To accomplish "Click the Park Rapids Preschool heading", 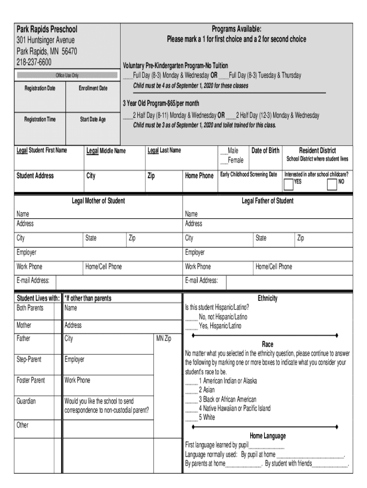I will click(47, 30).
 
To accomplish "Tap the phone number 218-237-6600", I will click(34, 62).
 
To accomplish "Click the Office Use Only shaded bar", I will click(67, 75).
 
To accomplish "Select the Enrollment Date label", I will click(93, 88).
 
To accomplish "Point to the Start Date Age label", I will click(93, 119).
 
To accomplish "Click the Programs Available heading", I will click(236, 30).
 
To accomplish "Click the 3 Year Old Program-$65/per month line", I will click(161, 103).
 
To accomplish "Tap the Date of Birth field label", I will click(265, 151).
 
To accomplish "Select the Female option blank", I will click(224, 160).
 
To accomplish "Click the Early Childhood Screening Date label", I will click(248, 174).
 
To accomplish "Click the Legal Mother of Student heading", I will click(98, 201).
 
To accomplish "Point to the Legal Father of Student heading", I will click(267, 201).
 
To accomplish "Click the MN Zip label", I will click(164, 339).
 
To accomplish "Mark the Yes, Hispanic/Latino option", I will click(192, 326).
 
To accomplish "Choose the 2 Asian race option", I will click(192, 390).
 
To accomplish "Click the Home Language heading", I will click(267, 436).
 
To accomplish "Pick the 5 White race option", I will click(192, 417).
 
